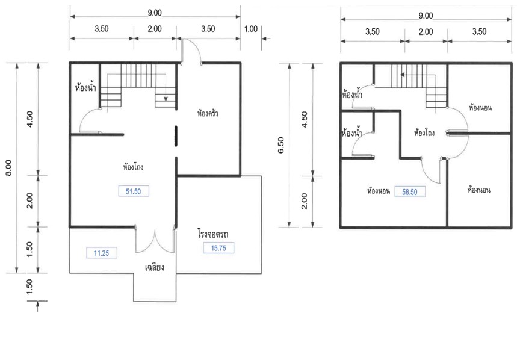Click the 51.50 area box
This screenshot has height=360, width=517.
click(134, 191)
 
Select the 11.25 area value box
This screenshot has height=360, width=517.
click(102, 253)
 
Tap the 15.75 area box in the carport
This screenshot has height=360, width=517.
click(218, 248)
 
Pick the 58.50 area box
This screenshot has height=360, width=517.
click(409, 192)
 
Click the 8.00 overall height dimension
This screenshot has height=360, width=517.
click(8, 168)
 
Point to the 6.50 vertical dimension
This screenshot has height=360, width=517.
click(281, 145)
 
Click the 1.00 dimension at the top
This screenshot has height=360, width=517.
click(250, 29)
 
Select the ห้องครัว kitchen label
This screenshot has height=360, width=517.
click(208, 113)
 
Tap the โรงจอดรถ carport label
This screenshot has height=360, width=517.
click(213, 234)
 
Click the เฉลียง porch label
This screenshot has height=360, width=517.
click(154, 267)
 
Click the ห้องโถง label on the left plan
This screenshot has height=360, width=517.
click(133, 167)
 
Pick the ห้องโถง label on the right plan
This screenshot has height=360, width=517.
click(424, 133)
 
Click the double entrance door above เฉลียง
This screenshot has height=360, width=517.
click(155, 240)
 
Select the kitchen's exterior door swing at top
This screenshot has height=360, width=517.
click(191, 51)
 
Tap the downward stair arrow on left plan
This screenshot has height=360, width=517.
click(166, 98)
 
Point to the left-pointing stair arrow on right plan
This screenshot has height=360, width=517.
click(403, 75)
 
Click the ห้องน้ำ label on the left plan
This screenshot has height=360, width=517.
click(85, 88)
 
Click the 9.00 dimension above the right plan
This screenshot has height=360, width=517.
click(426, 16)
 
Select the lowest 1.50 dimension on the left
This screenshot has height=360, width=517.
click(29, 287)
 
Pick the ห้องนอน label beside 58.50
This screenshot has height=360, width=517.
click(379, 191)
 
